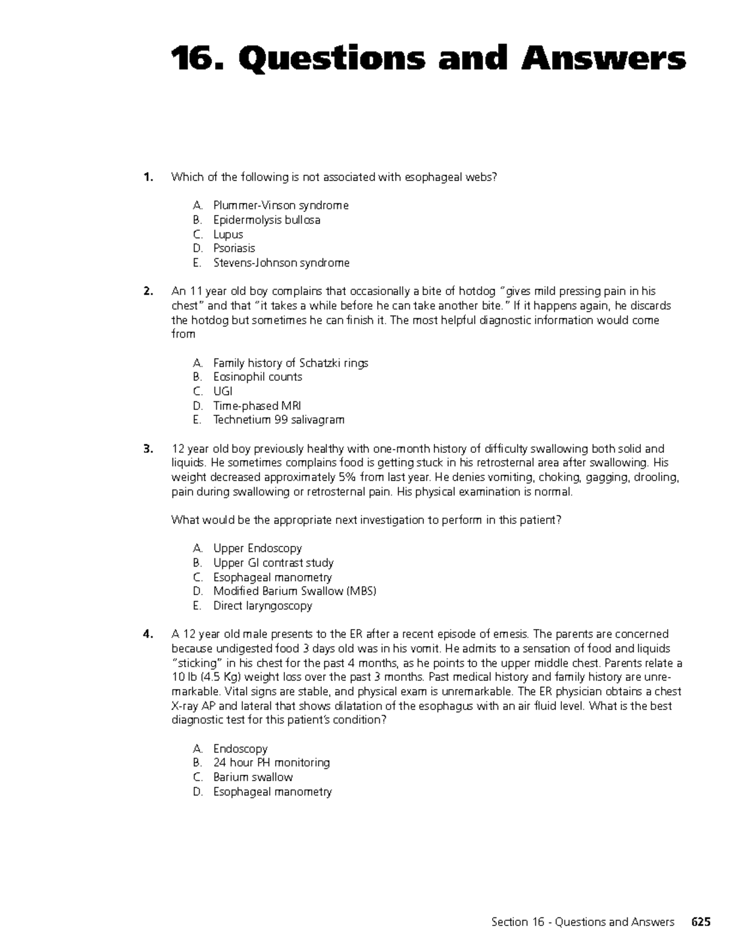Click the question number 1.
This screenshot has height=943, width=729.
(148, 177)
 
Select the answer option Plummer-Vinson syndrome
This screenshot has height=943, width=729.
(281, 206)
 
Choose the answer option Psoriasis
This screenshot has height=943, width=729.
(234, 248)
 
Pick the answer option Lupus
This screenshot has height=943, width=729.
(228, 234)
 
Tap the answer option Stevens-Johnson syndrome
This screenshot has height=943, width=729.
(281, 263)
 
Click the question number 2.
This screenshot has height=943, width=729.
(148, 291)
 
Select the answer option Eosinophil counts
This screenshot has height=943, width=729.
(258, 377)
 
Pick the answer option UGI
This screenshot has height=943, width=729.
(222, 392)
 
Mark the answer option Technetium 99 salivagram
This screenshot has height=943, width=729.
(278, 420)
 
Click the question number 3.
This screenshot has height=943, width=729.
(148, 449)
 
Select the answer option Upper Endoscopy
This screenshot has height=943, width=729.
(258, 548)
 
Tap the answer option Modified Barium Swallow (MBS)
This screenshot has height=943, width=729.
(295, 591)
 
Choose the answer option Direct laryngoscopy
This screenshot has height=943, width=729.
(262, 606)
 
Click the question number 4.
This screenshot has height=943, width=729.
(148, 635)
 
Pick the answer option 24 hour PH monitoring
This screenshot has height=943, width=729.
(272, 763)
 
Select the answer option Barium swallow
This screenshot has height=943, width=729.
(253, 777)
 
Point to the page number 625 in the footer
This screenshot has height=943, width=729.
(700, 922)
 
